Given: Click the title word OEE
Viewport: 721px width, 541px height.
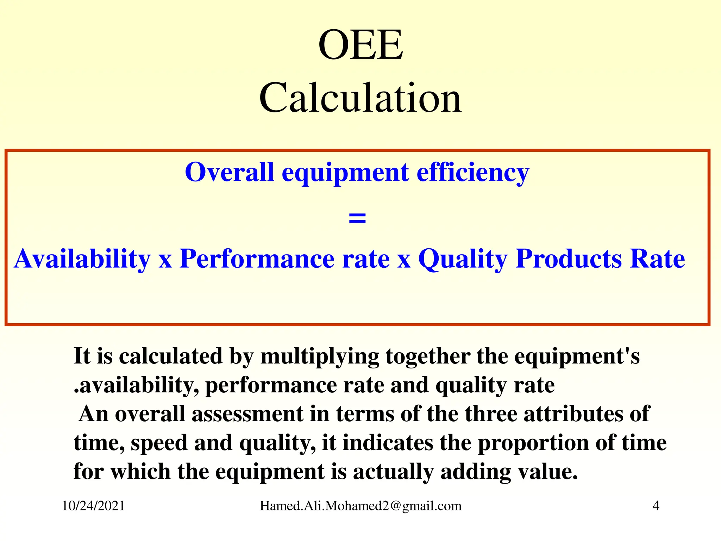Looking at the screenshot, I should [360, 45].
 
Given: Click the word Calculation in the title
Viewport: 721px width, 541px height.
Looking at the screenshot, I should [360, 98].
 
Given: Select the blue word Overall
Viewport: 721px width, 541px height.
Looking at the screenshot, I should [229, 172].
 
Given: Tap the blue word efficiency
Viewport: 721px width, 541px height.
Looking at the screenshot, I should [473, 173].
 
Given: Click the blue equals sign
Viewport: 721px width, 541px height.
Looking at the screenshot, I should [357, 218].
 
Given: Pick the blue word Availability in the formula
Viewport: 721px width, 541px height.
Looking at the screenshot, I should [82, 259].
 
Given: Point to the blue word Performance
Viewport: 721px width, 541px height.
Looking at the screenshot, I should [257, 259].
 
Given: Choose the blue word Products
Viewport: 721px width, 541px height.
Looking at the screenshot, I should [569, 259].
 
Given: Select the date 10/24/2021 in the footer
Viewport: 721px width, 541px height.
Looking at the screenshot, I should [93, 506].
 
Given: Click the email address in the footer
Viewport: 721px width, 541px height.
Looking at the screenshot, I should [360, 506].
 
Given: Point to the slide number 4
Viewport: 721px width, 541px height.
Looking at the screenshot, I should [656, 506].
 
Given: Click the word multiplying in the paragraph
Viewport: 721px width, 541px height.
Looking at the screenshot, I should [320, 357].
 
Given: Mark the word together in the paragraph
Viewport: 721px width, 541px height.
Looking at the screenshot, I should [428, 356].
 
